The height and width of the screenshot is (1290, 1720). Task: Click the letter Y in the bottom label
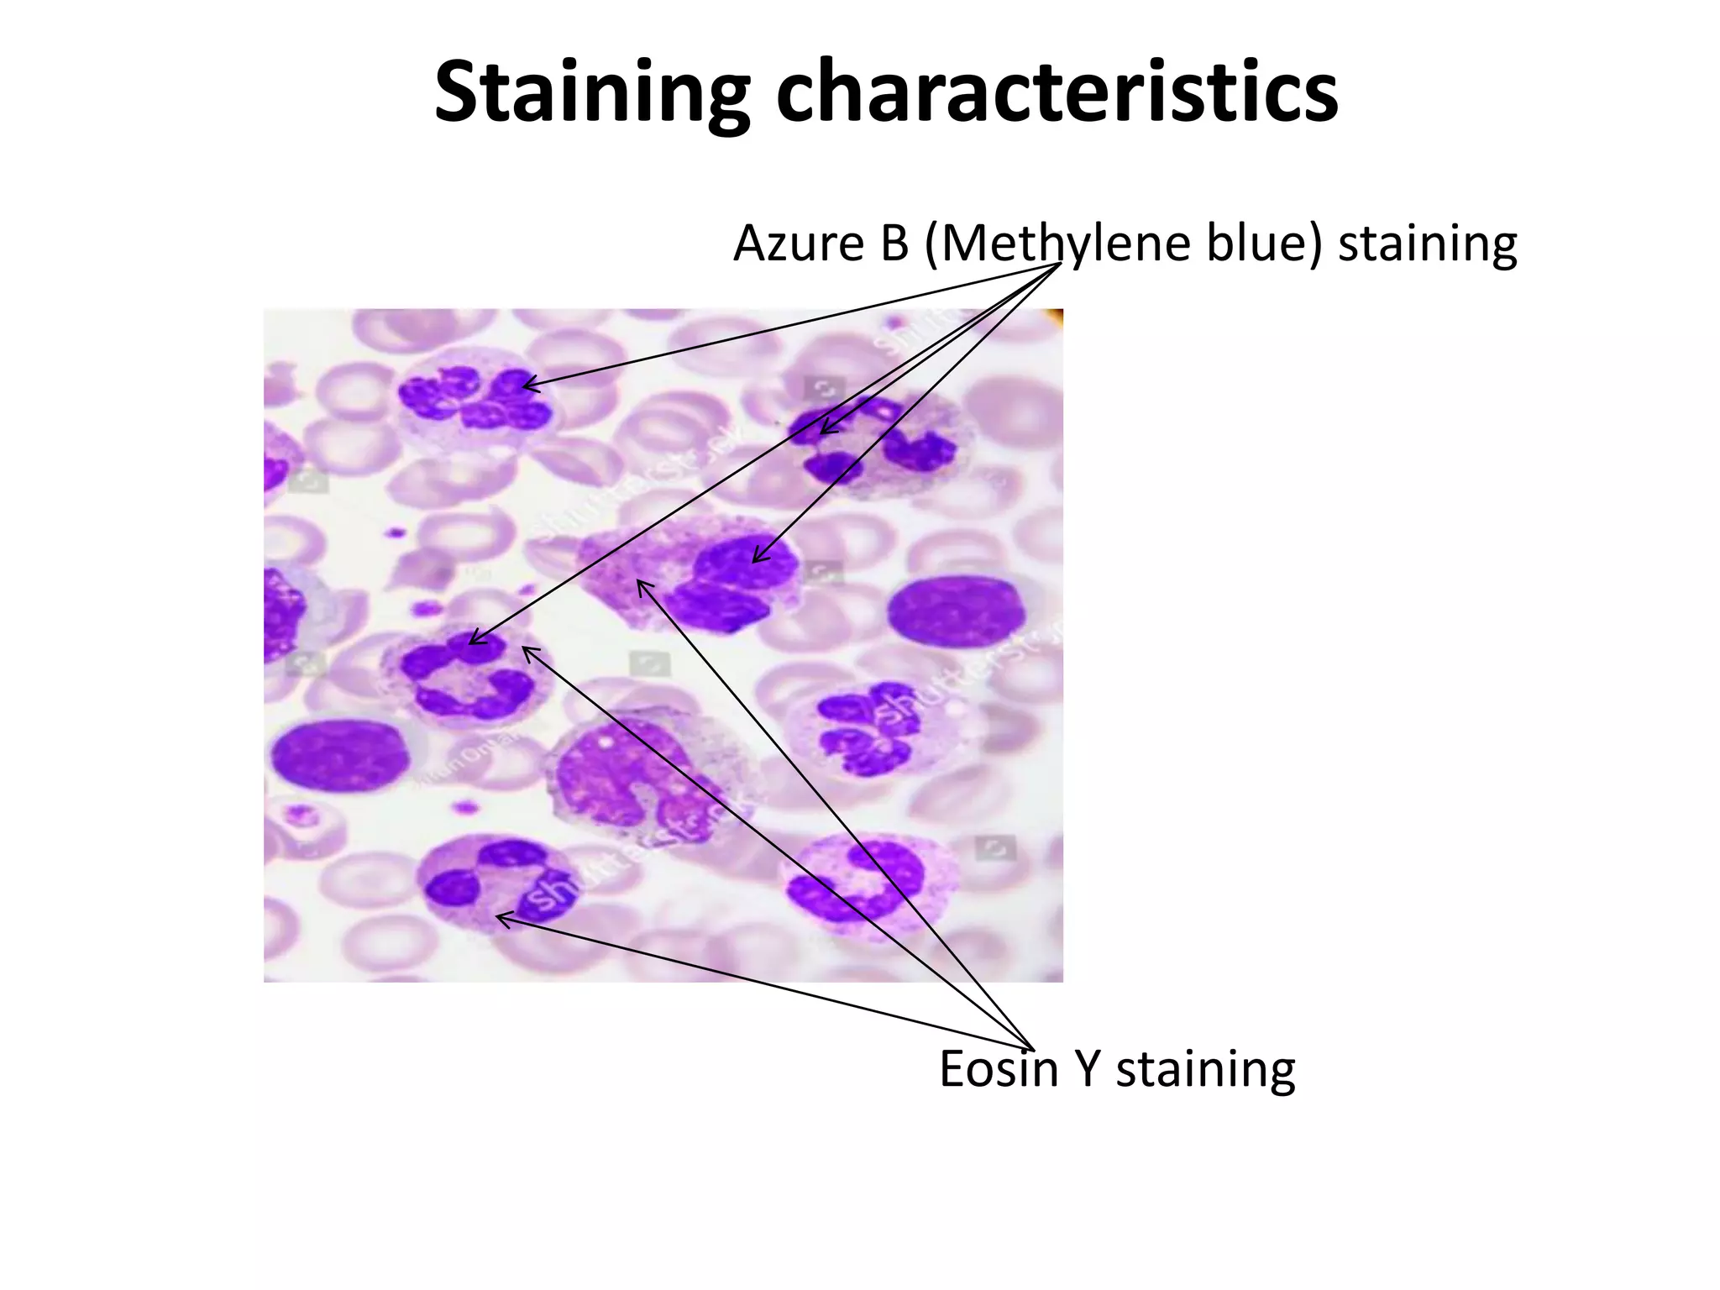coord(1087,1069)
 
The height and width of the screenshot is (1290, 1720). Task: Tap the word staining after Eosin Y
coord(1205,1069)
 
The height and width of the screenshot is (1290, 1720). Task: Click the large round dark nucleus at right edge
coord(957,611)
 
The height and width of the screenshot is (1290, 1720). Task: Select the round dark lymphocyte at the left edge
coord(340,755)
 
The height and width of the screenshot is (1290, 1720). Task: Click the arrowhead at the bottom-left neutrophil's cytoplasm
coord(501,919)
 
